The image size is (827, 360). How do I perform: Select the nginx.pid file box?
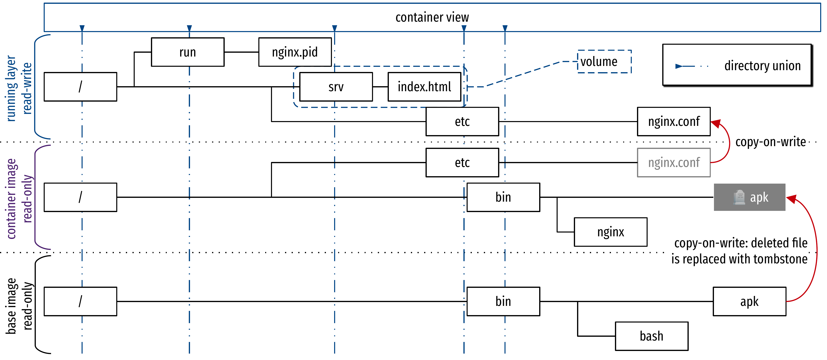point(295,52)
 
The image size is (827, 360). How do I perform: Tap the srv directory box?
point(336,87)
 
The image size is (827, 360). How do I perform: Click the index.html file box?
point(424,87)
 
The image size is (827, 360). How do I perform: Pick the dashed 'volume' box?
point(604,61)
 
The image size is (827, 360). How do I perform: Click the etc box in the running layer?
point(462,121)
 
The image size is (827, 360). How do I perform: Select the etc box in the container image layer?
point(462,163)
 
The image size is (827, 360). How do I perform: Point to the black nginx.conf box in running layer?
point(673,121)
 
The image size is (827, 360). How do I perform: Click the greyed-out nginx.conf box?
point(673,163)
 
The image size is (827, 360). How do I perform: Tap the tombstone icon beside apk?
point(739,197)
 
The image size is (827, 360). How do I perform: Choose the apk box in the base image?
point(749,301)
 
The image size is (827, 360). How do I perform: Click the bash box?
point(651,336)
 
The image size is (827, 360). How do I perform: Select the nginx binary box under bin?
point(610,232)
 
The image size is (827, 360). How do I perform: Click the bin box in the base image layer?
point(503,301)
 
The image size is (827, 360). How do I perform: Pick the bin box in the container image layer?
point(503,197)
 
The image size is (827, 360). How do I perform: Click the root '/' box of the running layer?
point(80,87)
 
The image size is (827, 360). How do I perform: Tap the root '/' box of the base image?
point(80,301)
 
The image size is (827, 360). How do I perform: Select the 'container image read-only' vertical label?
point(19,198)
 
